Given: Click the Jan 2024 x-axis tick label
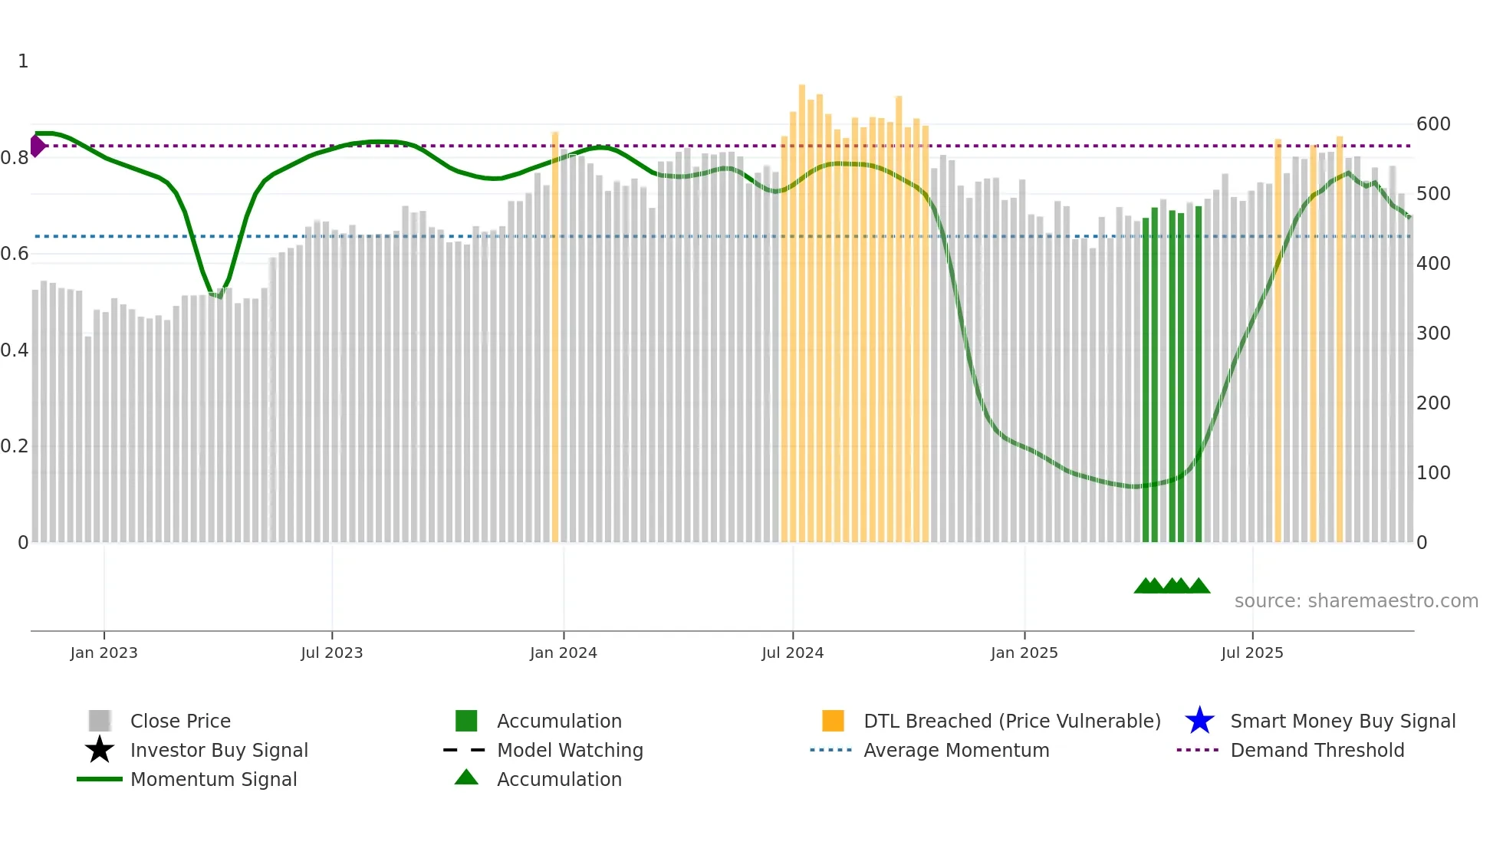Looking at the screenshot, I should tap(563, 653).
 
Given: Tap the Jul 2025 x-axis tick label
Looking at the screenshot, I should tap(1251, 653).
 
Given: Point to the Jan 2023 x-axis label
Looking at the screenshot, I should tap(104, 653).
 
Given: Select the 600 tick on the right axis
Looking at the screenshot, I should tap(1432, 124).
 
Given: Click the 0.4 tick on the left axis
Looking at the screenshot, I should tap(15, 350).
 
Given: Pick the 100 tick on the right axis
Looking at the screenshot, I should tap(1432, 473).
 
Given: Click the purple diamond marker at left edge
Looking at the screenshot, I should tap(37, 146).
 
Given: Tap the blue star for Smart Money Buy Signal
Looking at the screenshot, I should tap(1199, 721).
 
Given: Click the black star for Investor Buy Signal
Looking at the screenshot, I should tap(100, 750).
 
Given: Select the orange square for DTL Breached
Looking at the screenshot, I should tap(833, 721).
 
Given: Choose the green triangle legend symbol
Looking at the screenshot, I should tap(466, 778).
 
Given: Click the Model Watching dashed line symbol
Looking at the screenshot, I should tap(465, 750).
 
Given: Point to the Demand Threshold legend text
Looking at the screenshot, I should tap(1317, 750).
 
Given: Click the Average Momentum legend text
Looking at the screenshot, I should tap(955, 750).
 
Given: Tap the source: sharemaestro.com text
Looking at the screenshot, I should tap(1356, 601).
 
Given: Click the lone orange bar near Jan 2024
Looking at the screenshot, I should tap(555, 337).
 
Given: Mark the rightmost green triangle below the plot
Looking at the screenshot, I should tap(1199, 587).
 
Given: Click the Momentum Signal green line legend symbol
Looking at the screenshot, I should tap(100, 779).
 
